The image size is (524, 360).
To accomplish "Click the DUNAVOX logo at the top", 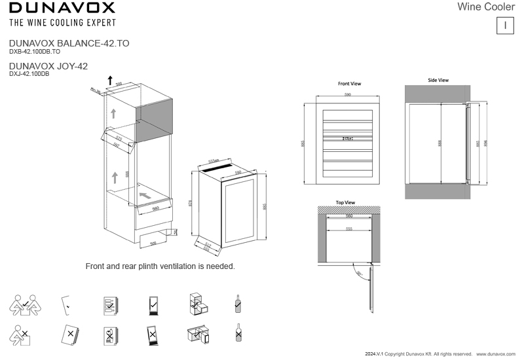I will click(62, 8).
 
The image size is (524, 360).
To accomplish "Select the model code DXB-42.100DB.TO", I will click(35, 50).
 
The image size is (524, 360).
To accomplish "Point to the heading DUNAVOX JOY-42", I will click(48, 66).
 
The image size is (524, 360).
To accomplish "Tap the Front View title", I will click(349, 84).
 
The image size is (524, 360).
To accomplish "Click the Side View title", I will click(438, 80).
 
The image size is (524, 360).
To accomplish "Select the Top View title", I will click(345, 203).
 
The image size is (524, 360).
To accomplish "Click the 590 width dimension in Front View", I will click(348, 96).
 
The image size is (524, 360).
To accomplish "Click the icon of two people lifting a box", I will click(23, 305).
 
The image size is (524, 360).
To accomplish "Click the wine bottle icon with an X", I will click(238, 334).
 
